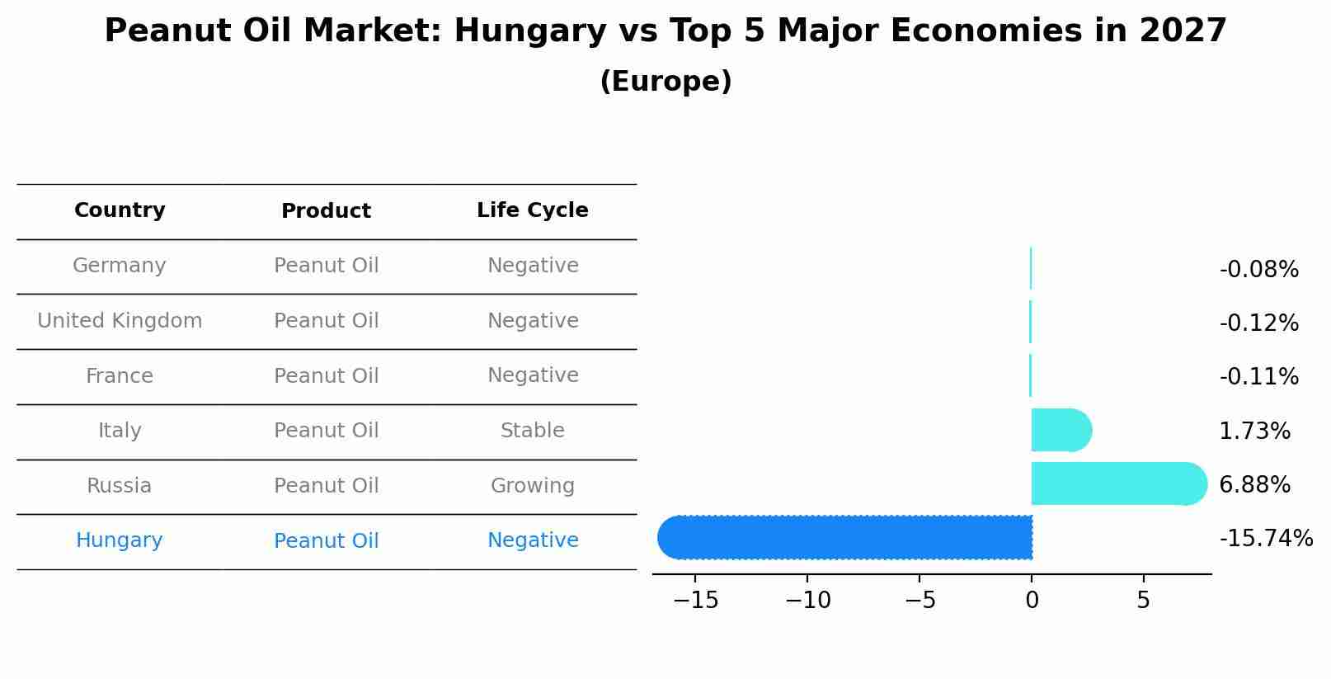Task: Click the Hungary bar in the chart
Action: tap(844, 537)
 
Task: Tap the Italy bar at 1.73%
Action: tap(1061, 430)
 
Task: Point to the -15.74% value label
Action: tap(1265, 539)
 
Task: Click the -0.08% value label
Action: tap(1258, 270)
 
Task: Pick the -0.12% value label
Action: tap(1258, 323)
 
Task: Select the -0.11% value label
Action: tap(1258, 377)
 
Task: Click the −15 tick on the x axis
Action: tap(695, 601)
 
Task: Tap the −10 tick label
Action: tap(807, 601)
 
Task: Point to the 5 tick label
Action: tap(1143, 601)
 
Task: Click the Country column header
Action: tap(120, 210)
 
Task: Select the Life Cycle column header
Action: tap(533, 210)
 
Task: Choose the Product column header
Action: tap(326, 211)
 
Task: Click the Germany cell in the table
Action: tap(120, 266)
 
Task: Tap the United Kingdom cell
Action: tap(120, 321)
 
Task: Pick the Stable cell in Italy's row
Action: tap(533, 431)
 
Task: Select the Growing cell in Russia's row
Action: tap(533, 486)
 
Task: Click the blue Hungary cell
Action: tap(120, 540)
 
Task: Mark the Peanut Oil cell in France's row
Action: tap(326, 376)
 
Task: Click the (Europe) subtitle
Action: tap(665, 82)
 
